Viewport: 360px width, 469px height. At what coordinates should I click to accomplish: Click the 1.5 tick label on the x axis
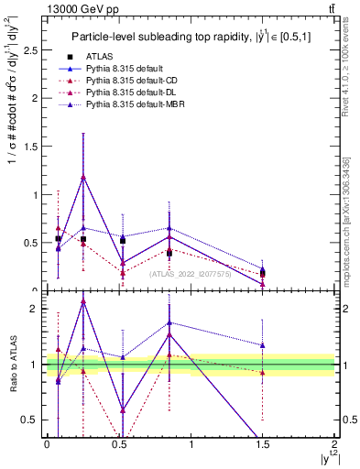[262, 446]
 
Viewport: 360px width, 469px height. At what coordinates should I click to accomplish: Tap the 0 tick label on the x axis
[47, 446]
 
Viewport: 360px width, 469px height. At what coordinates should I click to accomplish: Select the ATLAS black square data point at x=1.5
[263, 273]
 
